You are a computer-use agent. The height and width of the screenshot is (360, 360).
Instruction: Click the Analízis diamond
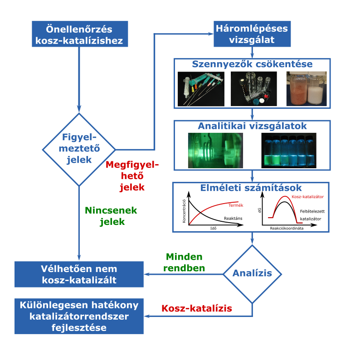pyautogui.click(x=252, y=273)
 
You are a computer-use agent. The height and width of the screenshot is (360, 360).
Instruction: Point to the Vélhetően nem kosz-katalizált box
pyautogui.click(x=79, y=274)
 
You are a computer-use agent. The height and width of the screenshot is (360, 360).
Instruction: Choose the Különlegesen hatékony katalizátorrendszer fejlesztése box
pyautogui.click(x=79, y=316)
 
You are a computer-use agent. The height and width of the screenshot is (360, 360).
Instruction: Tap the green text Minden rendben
pyautogui.click(x=184, y=262)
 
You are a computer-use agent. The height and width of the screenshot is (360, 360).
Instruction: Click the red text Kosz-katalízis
pyautogui.click(x=197, y=309)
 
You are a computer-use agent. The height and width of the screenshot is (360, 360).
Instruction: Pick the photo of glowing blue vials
pyautogui.click(x=289, y=150)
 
